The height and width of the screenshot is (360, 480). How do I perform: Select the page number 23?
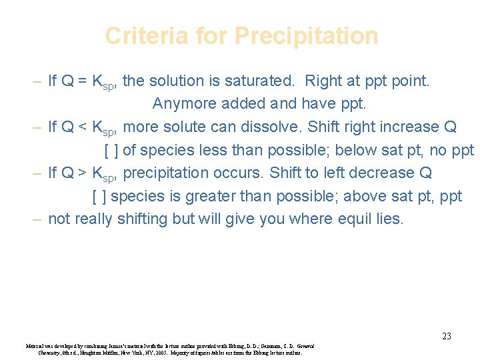447,336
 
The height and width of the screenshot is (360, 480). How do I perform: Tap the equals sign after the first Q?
80,81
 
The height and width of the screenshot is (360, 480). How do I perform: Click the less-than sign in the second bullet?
80,127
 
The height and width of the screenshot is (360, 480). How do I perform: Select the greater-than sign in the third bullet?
80,173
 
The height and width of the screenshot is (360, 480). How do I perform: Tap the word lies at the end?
390,219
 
